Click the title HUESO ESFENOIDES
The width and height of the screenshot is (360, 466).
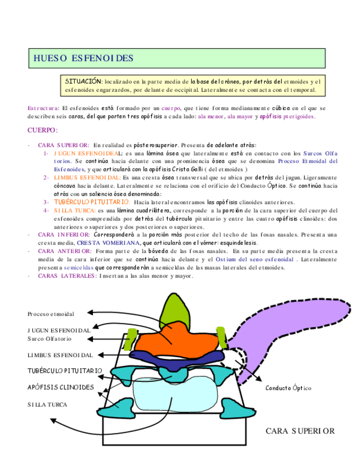[x=83, y=58]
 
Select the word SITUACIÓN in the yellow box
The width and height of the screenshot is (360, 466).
[x=84, y=80]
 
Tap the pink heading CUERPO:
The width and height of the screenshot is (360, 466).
[x=43, y=130]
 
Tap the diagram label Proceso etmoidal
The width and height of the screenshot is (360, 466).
[x=51, y=314]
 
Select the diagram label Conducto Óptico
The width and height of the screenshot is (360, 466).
[x=288, y=388]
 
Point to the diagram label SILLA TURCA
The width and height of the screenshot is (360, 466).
[x=47, y=404]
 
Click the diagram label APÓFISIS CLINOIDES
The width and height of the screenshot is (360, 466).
[x=60, y=387]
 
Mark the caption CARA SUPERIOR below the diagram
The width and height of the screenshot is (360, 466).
[x=300, y=431]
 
